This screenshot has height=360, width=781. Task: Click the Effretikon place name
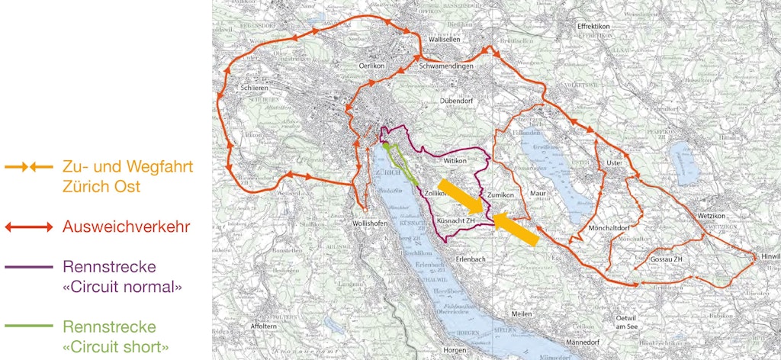click(x=594, y=26)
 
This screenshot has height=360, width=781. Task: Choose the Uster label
click(x=614, y=163)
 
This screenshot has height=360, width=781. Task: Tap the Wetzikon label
click(x=715, y=217)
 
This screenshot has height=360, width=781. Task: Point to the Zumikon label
click(x=501, y=195)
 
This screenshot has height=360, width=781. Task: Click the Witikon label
click(x=455, y=162)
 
